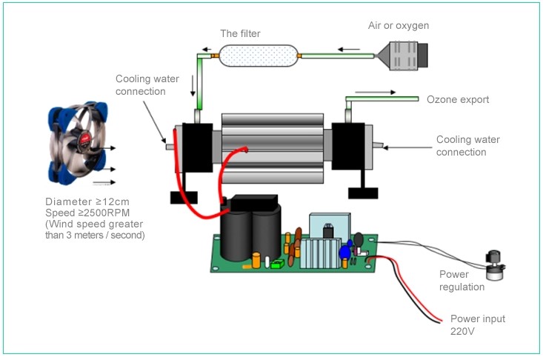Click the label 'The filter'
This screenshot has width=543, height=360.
241,33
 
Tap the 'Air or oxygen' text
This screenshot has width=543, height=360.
399,26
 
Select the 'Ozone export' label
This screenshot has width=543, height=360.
457,99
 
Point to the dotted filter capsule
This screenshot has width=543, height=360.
257,56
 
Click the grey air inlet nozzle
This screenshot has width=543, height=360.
403,56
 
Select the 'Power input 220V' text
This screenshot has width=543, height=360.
478,325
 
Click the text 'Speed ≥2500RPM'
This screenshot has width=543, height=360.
87,213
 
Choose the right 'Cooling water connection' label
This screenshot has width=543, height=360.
461,145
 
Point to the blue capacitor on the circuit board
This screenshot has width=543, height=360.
344,253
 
